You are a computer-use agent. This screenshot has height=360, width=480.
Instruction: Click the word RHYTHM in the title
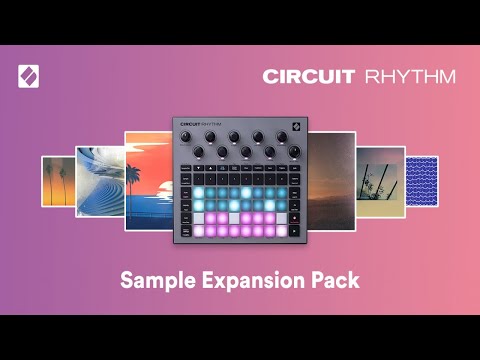tap(410, 76)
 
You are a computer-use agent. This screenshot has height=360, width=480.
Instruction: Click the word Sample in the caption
tap(155, 280)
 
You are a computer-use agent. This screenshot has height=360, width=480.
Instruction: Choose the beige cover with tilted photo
tap(380, 181)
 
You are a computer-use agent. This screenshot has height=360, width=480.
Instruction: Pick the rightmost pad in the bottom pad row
tap(282, 231)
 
